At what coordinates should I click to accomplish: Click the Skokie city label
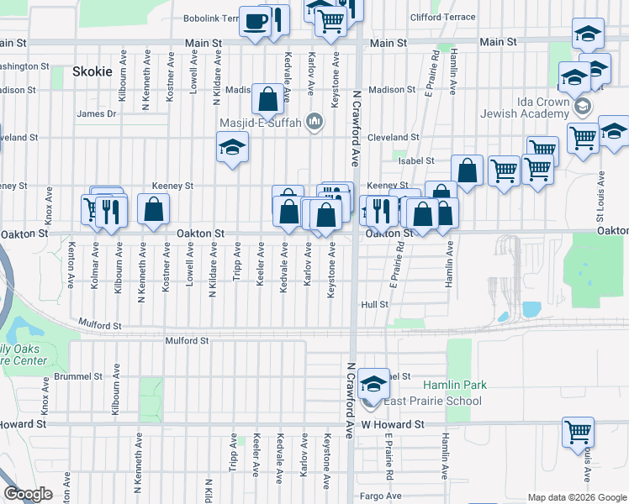tap(92, 71)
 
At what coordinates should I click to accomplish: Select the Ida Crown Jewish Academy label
tap(524, 107)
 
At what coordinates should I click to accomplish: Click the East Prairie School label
tap(432, 401)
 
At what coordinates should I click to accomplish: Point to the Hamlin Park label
tap(454, 385)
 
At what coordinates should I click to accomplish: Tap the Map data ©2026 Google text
tap(578, 497)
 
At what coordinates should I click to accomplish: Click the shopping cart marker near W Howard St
tap(579, 432)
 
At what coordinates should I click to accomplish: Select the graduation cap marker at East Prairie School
tap(373, 384)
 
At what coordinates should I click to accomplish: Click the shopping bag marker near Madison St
tap(267, 100)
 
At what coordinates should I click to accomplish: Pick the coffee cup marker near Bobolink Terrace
tap(254, 22)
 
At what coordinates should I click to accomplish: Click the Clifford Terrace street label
tap(442, 17)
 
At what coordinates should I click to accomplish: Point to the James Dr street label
tap(96, 114)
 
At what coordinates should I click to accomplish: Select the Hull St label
tap(375, 304)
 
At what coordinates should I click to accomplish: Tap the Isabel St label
tap(416, 160)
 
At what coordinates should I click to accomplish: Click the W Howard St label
tap(393, 425)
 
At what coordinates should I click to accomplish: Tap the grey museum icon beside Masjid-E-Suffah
tap(314, 123)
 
